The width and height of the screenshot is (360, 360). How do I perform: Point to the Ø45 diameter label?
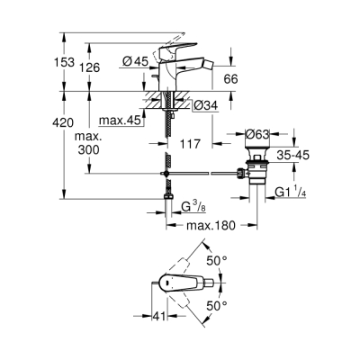pos(136,62)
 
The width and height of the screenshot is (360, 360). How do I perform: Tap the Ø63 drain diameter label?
pos(259,135)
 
